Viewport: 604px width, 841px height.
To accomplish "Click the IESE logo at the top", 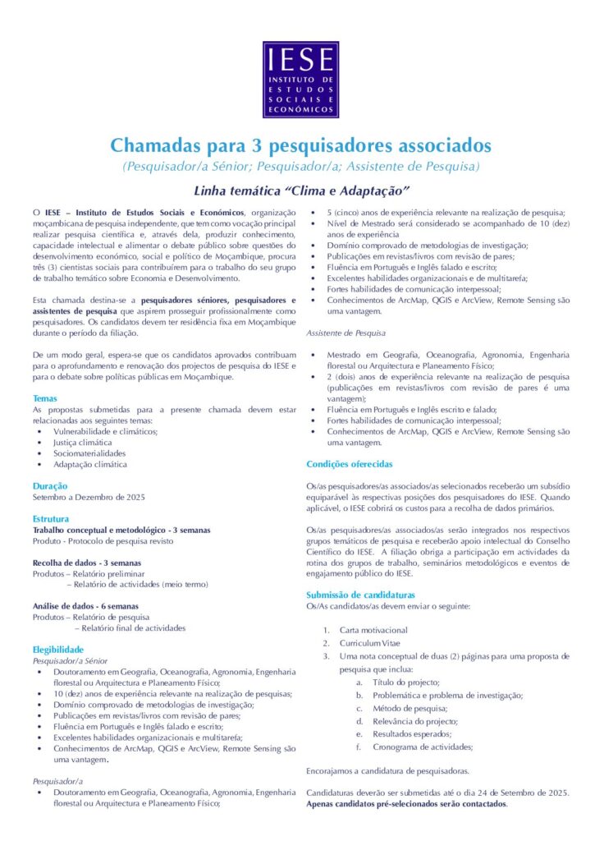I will pyautogui.click(x=300, y=80).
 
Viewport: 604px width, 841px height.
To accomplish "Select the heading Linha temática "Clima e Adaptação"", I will pyautogui.click(x=301, y=191).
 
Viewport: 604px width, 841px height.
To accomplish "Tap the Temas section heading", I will pyautogui.click(x=45, y=398).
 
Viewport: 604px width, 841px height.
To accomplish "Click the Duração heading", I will pyautogui.click(x=50, y=485).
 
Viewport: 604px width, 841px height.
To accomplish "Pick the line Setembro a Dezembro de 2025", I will pyautogui.click(x=89, y=497).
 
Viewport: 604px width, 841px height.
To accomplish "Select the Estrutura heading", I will pyautogui.click(x=51, y=519).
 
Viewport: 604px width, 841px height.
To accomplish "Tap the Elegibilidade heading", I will pyautogui.click(x=58, y=649).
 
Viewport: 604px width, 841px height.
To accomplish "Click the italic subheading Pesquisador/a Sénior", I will pyautogui.click(x=70, y=660).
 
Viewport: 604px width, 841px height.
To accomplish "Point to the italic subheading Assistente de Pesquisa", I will pyautogui.click(x=345, y=333).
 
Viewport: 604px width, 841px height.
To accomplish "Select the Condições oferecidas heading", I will pyautogui.click(x=350, y=464).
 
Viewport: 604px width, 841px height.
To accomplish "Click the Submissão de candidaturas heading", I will pyautogui.click(x=360, y=595).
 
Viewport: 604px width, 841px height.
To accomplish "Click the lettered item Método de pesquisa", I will pyautogui.click(x=410, y=708).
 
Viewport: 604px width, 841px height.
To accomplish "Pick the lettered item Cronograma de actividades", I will pyautogui.click(x=423, y=747).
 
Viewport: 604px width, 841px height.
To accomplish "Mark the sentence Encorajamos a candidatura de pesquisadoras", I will pyautogui.click(x=387, y=771).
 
